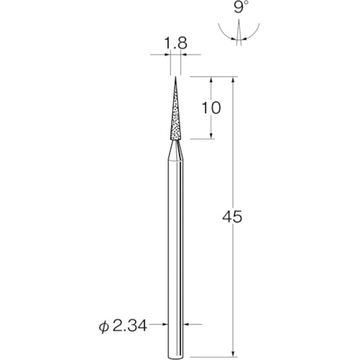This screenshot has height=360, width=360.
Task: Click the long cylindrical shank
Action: click(174, 252)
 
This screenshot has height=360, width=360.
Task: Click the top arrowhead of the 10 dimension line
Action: click(211, 80)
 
